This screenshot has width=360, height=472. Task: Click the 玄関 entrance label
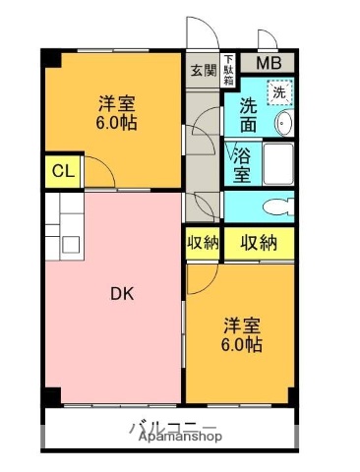(x=202, y=71)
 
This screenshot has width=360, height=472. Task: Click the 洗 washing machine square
(x=280, y=93)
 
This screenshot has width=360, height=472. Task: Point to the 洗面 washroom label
(x=249, y=116)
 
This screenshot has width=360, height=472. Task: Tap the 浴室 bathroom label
(x=242, y=164)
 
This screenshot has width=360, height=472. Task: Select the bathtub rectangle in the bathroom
(x=277, y=164)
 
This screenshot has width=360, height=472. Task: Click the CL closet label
(x=62, y=172)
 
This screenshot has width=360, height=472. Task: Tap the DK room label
(x=121, y=294)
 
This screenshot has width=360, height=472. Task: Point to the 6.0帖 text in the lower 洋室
(x=241, y=345)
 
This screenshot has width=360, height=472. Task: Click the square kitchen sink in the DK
(x=72, y=244)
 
